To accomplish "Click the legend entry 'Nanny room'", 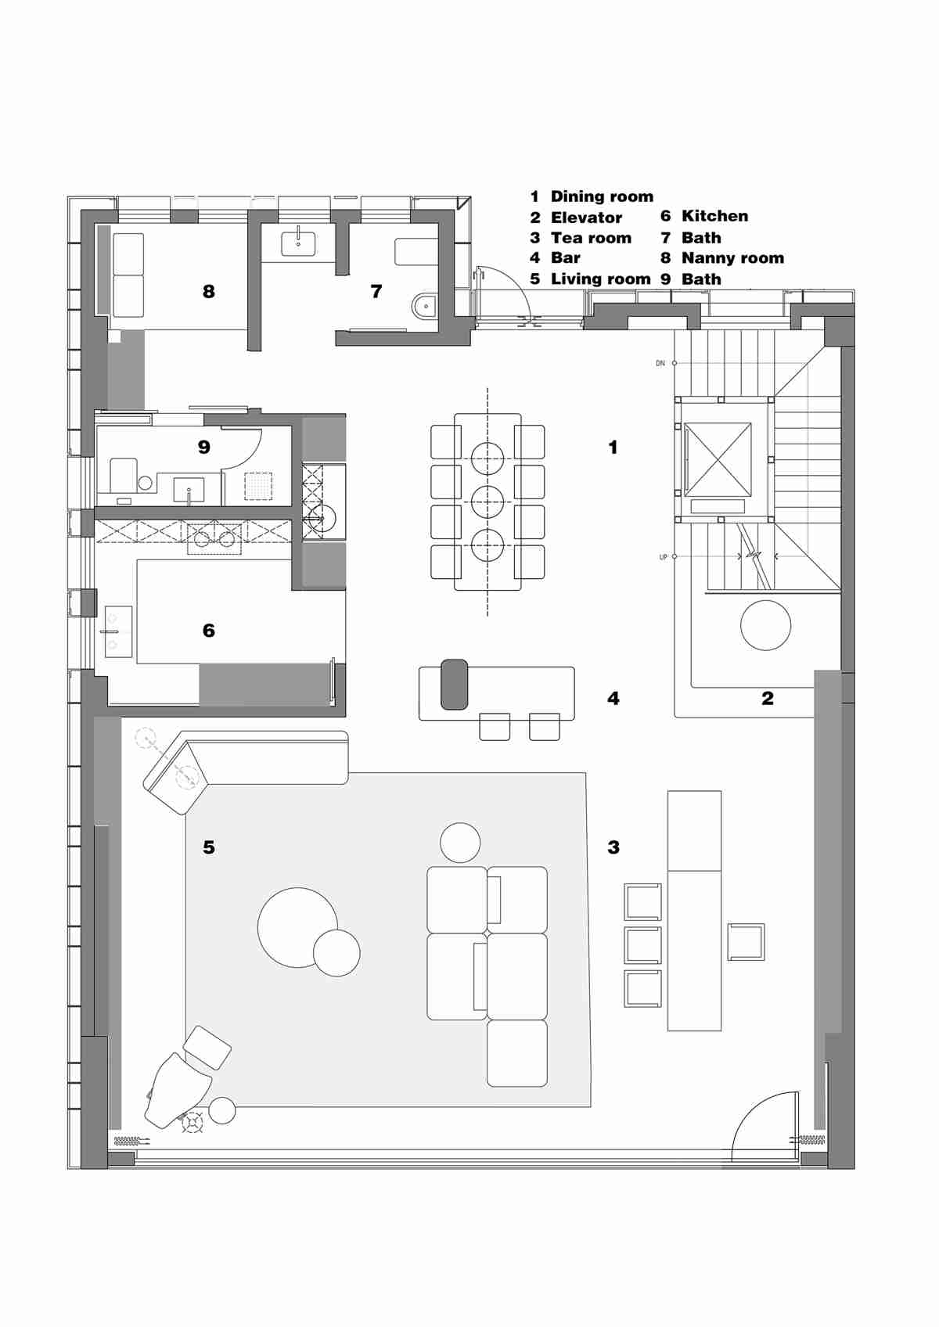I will (732, 258).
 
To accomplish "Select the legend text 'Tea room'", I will (591, 238).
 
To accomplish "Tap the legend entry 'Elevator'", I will (586, 218).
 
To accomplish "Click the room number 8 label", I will (208, 292).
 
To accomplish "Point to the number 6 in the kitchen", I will (208, 631).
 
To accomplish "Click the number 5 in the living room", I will (208, 847).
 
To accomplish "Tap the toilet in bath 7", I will (424, 305).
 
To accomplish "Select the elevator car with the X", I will (718, 459).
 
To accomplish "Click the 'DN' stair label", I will (660, 363).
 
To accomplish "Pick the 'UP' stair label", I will (664, 557).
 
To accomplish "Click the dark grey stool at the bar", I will (454, 685).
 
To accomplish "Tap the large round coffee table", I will (297, 927).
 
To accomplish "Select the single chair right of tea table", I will (746, 941).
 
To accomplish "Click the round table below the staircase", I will (765, 625).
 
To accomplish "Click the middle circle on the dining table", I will (487, 502).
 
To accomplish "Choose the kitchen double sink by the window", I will (118, 631).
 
